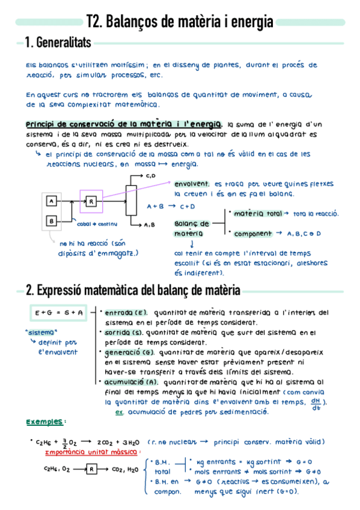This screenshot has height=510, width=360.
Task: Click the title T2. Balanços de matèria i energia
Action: pos(180,22)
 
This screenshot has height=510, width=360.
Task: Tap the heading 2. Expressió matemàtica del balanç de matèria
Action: pos(133,290)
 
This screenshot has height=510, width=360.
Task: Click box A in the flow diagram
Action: pos(52,200)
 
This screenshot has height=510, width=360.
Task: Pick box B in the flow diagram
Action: pos(52,221)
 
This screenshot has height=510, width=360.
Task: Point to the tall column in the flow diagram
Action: pos(133,200)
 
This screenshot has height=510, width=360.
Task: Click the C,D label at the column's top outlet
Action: pos(151,176)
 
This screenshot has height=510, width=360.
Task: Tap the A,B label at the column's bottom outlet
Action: pos(150,225)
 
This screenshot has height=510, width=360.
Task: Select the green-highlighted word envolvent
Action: pos(192,183)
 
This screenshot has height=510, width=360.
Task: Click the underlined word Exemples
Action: pos(46,422)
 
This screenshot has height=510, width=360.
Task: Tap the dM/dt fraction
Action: pos(316,405)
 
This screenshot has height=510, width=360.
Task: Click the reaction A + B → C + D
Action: pos(171,206)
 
